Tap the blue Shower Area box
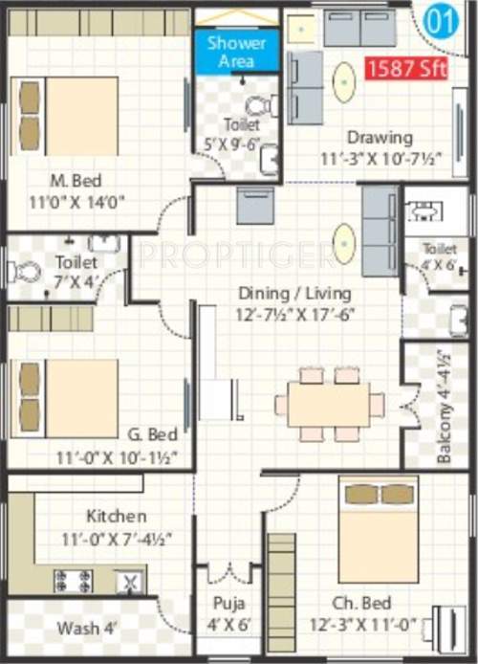[x=230, y=52]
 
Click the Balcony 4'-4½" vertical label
[x=445, y=418]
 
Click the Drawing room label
[x=379, y=137]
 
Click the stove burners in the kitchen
[x=72, y=579]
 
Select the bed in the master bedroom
[x=68, y=116]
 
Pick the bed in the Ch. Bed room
[x=378, y=527]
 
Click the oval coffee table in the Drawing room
[x=344, y=82]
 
